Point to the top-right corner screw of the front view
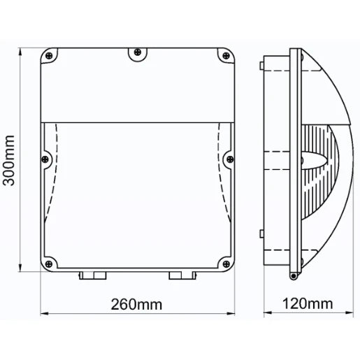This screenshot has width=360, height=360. pos(224,54)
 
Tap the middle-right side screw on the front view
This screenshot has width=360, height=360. pos(227,159)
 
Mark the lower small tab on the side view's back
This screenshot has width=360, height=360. pos(261,234)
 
